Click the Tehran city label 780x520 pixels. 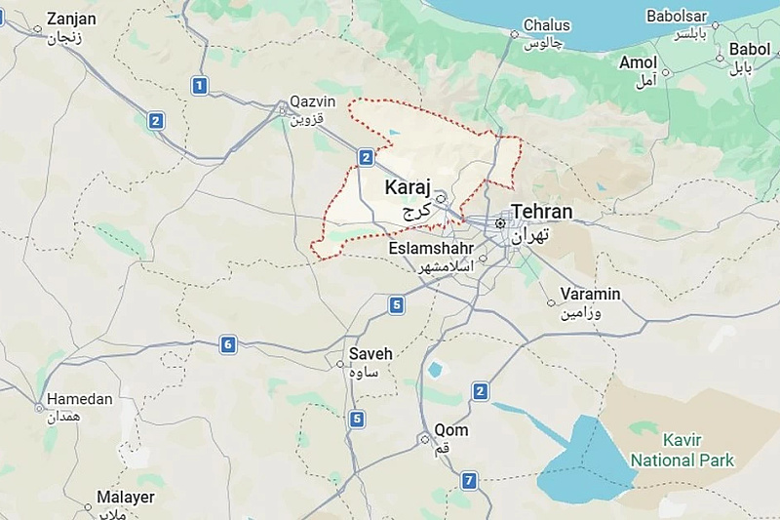point(542,212)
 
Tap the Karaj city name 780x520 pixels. point(409,186)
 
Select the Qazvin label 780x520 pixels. point(312,102)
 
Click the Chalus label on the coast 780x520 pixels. point(547,25)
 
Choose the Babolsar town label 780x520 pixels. point(681,17)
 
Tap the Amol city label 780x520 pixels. point(638,62)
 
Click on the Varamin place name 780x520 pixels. point(590,295)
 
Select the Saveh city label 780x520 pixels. point(370,354)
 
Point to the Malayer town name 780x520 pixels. point(125,498)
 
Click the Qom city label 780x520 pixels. point(450,430)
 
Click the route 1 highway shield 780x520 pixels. point(200,86)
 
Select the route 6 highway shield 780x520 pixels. point(228,343)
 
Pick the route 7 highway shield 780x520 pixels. point(469,480)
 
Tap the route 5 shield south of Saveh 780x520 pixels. point(357,420)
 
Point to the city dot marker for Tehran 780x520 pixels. point(500,223)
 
